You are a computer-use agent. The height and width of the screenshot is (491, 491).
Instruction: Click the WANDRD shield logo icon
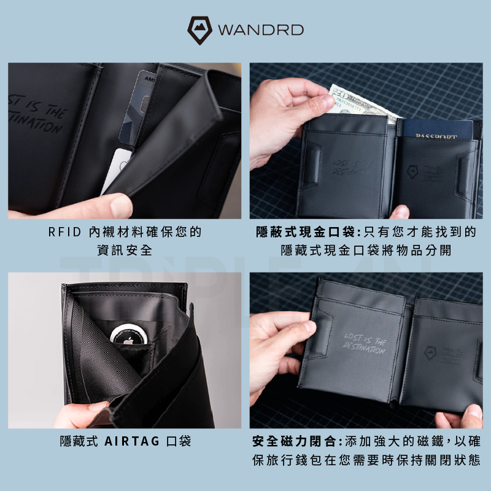click(x=200, y=29)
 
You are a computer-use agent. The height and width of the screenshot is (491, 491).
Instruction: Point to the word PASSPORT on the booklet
click(x=436, y=136)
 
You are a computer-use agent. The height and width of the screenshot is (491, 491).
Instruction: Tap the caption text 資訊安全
click(x=125, y=250)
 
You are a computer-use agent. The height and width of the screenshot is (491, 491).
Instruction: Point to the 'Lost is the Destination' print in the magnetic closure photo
click(x=365, y=346)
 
